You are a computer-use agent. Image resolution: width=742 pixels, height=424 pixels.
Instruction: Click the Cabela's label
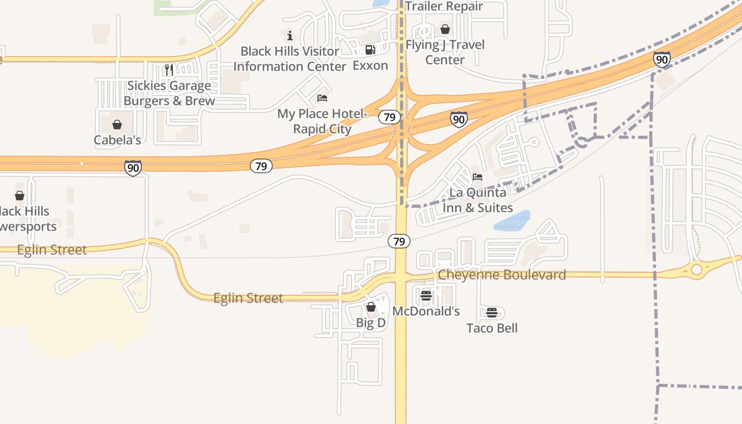pyautogui.click(x=117, y=140)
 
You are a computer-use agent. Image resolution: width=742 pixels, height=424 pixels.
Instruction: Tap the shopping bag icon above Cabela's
pyautogui.click(x=117, y=125)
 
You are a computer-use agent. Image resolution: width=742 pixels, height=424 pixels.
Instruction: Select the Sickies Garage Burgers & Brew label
pyautogui.click(x=169, y=93)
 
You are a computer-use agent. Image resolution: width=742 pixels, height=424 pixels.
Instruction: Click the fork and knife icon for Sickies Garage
pyautogui.click(x=169, y=69)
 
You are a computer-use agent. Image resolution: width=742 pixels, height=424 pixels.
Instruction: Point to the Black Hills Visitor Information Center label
pyautogui.click(x=290, y=59)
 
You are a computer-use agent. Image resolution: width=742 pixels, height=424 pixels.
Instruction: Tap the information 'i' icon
pyautogui.click(x=290, y=36)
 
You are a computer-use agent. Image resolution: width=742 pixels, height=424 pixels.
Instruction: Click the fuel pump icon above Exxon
pyautogui.click(x=370, y=50)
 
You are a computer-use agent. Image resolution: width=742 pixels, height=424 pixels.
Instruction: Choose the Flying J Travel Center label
pyautogui.click(x=445, y=52)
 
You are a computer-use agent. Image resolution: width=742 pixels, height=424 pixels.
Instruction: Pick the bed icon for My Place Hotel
pyautogui.click(x=322, y=98)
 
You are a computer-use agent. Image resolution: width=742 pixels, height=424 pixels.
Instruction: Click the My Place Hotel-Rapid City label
pyautogui.click(x=322, y=121)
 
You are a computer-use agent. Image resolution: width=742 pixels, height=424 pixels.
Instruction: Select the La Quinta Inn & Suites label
pyautogui.click(x=478, y=200)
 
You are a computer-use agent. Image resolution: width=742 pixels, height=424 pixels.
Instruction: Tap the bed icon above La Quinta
pyautogui.click(x=478, y=177)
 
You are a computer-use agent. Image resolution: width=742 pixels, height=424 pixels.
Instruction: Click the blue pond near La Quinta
pyautogui.click(x=513, y=221)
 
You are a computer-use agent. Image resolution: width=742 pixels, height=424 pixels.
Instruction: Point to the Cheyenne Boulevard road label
pyautogui.click(x=501, y=275)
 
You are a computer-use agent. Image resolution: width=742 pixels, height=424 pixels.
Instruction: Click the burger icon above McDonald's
pyautogui.click(x=426, y=295)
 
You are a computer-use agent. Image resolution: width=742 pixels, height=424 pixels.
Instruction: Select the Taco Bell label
pyautogui.click(x=492, y=328)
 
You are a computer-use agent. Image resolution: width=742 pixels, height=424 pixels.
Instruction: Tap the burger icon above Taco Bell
pyautogui.click(x=492, y=313)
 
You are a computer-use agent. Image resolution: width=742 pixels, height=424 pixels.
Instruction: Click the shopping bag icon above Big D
pyautogui.click(x=371, y=307)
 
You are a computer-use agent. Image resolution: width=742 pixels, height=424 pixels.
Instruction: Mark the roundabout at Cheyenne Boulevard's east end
pyautogui.click(x=696, y=270)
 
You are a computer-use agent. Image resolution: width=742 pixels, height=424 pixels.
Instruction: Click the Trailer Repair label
pyautogui.click(x=444, y=6)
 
